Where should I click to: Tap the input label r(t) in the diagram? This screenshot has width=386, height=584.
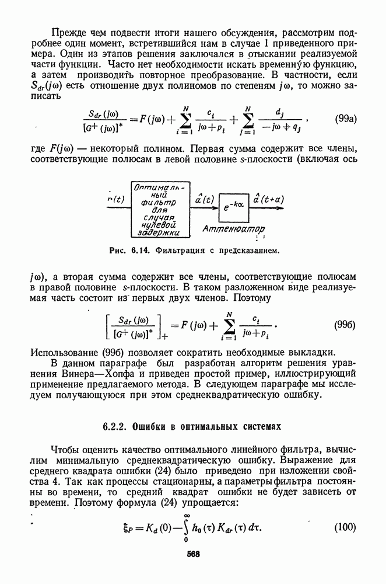click(x=117, y=199)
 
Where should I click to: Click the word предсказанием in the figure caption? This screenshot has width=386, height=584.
click(x=250, y=251)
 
